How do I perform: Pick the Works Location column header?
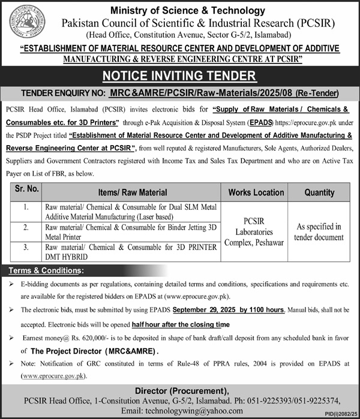(x=256, y=192)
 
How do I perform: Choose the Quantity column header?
(x=320, y=192)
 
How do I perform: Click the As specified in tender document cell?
(x=320, y=232)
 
